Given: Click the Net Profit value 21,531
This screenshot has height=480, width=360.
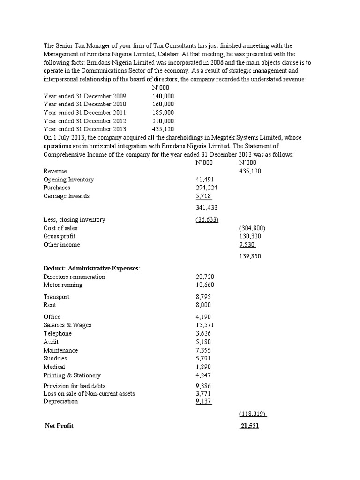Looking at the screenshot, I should [x=249, y=426].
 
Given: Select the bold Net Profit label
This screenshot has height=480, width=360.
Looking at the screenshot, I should [x=59, y=426].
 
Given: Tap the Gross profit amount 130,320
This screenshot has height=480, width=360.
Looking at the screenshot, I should [x=250, y=236].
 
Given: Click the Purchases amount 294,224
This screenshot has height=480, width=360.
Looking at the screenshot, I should [x=206, y=187].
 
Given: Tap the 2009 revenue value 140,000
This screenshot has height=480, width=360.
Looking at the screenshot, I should [x=163, y=96].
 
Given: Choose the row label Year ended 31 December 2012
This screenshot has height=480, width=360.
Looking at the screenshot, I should [x=85, y=120].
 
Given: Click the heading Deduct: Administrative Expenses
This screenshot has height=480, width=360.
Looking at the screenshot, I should [x=91, y=268].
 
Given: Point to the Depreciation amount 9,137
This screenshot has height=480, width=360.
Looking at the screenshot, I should [x=203, y=401].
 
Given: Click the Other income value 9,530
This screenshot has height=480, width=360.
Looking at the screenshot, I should [x=247, y=245].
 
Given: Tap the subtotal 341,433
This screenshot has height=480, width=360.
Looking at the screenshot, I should [x=206, y=207].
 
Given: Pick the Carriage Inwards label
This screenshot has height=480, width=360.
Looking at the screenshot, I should [x=67, y=196].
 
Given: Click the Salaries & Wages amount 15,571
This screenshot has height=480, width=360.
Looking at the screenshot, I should [x=205, y=325].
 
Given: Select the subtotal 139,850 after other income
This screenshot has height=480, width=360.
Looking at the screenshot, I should [x=250, y=256].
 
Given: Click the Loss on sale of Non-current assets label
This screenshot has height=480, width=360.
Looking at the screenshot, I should [x=89, y=393].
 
